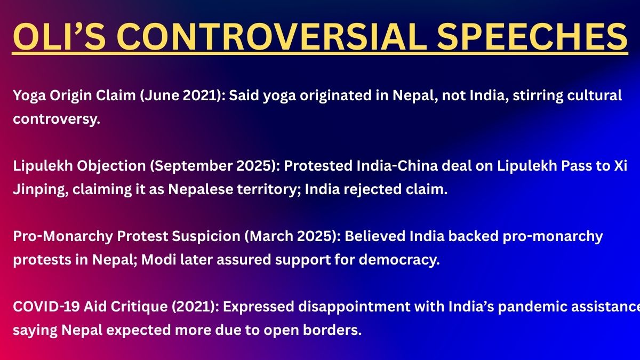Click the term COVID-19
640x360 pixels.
(x=46, y=307)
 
